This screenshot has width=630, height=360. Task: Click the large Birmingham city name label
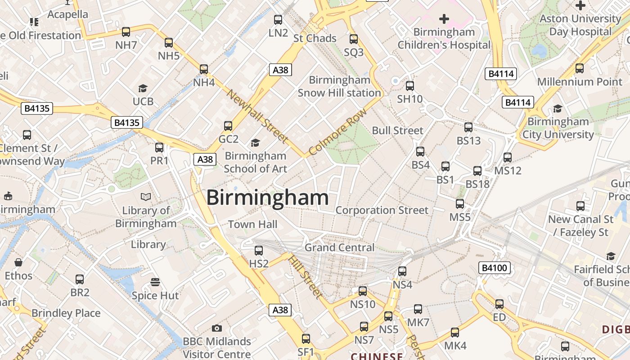(x=267, y=198)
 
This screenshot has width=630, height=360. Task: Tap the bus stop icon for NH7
(x=126, y=32)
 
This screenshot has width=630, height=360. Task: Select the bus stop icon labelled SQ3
(x=354, y=39)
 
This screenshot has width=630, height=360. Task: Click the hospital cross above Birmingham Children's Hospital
(x=444, y=19)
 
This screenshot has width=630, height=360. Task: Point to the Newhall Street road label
(x=257, y=117)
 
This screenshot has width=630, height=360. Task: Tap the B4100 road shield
(x=495, y=268)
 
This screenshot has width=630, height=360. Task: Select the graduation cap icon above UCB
(x=143, y=89)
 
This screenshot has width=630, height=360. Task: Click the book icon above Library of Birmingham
(x=146, y=197)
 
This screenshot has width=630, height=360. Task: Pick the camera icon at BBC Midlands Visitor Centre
(x=217, y=328)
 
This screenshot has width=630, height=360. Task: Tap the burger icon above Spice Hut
(x=155, y=282)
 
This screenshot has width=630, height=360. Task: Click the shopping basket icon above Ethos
(x=19, y=262)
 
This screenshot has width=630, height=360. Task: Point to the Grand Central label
(x=339, y=247)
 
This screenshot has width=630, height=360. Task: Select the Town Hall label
(x=252, y=224)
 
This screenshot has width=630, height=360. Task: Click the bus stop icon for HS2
(x=259, y=251)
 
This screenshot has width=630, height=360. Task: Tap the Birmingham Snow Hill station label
(x=339, y=86)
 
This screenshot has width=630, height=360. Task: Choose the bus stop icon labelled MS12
(x=508, y=157)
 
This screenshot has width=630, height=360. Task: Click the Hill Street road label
(x=305, y=276)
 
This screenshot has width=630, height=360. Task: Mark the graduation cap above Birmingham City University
(x=558, y=108)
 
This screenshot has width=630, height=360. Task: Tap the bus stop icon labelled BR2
(x=80, y=279)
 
